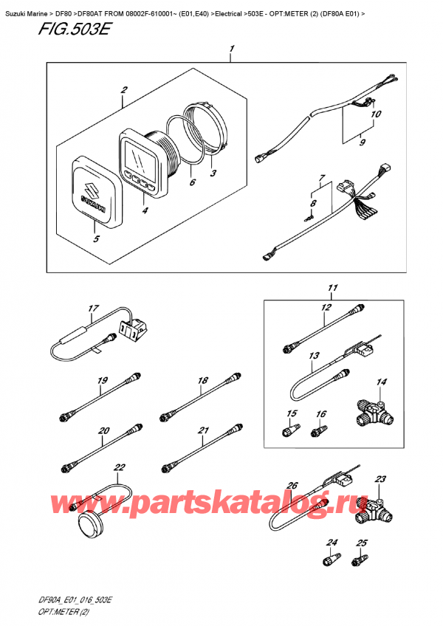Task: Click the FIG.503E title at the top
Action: pos(74,29)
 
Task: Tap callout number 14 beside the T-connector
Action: pos(382,382)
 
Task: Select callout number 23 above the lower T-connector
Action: pos(380,478)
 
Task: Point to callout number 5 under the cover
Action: pos(96,238)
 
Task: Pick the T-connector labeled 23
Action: pos(374,510)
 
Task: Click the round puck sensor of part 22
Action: pos(91,520)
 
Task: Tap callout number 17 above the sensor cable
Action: pos(93,309)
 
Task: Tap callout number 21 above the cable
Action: pos(203,430)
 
